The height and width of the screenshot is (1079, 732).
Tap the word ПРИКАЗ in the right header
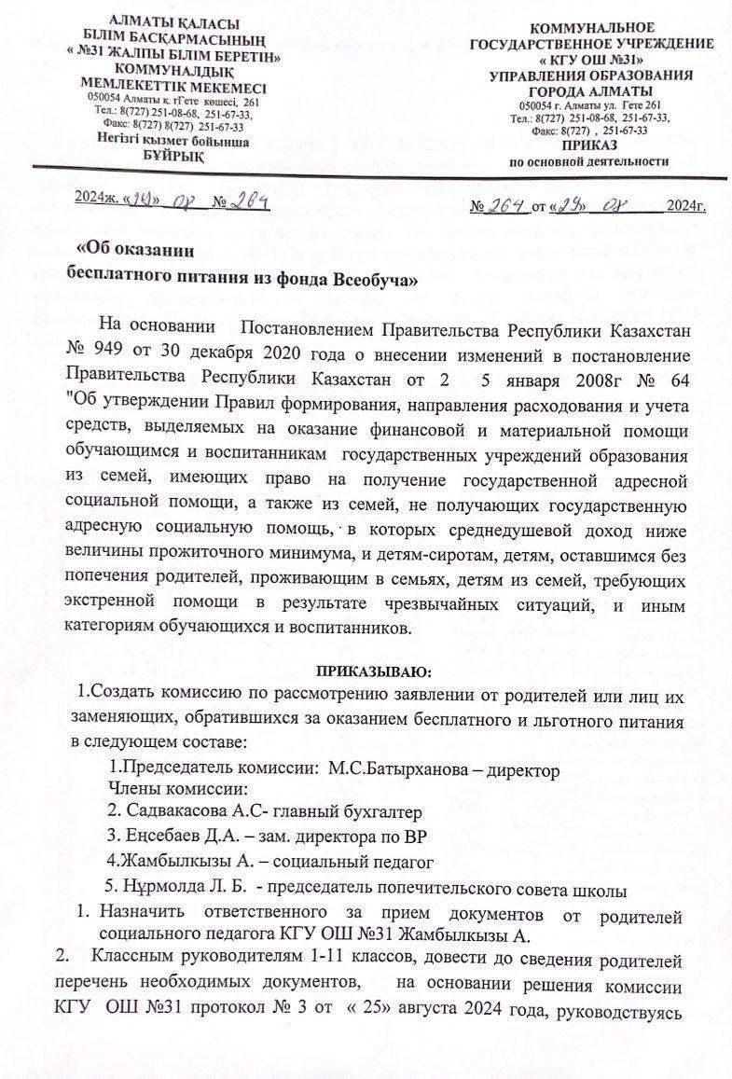[x=593, y=145]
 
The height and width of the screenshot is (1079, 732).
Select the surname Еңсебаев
[x=167, y=834]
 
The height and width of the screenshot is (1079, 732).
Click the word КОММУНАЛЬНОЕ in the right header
[x=592, y=28]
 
